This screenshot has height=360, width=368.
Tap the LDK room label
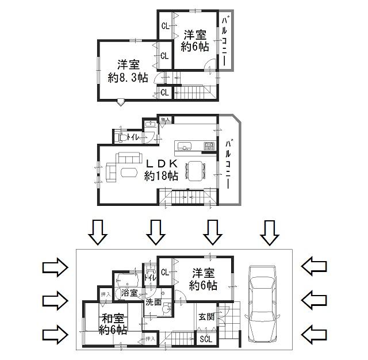161,164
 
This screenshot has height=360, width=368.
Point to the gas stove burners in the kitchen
209,145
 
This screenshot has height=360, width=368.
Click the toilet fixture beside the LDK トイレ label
121,138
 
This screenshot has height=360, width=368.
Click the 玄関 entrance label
206,316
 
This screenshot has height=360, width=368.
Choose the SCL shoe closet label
205,339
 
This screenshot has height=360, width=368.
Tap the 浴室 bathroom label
129,293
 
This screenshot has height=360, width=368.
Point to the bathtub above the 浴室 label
126,281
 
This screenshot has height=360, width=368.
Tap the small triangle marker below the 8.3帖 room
120,103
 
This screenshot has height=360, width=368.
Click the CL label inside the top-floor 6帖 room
165,25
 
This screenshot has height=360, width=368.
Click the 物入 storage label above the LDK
164,120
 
